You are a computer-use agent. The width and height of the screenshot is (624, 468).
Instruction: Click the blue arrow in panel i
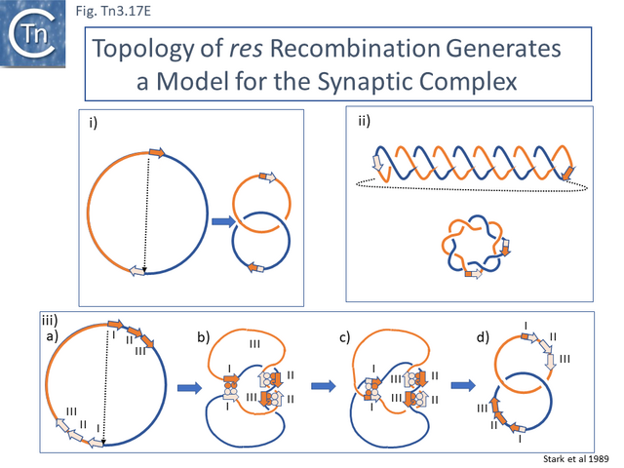pyautogui.click(x=221, y=221)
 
